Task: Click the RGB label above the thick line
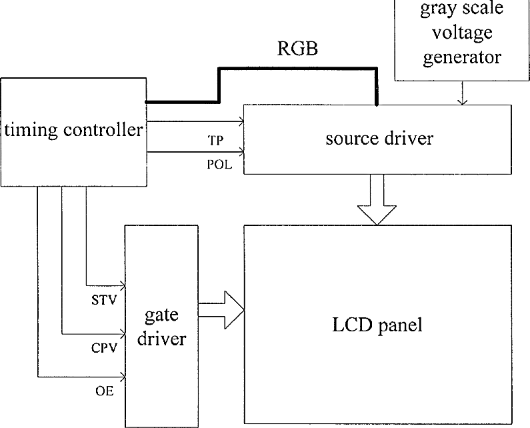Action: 297,48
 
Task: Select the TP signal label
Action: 215,140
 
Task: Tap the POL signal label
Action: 220,165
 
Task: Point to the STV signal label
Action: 104,300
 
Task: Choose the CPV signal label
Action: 104,348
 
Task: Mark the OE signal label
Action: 105,391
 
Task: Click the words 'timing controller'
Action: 74,130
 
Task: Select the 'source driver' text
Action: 379,138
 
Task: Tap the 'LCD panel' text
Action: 377,325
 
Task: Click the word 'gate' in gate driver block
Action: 161,316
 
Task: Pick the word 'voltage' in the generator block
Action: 463,33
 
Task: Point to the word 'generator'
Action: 462,57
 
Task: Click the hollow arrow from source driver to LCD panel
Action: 377,199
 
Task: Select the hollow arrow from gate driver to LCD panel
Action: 221,310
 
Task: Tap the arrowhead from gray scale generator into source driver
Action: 462,102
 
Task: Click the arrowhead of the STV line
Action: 123,285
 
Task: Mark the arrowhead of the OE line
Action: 123,375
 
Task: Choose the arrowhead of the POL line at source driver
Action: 241,152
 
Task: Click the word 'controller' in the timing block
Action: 103,129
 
